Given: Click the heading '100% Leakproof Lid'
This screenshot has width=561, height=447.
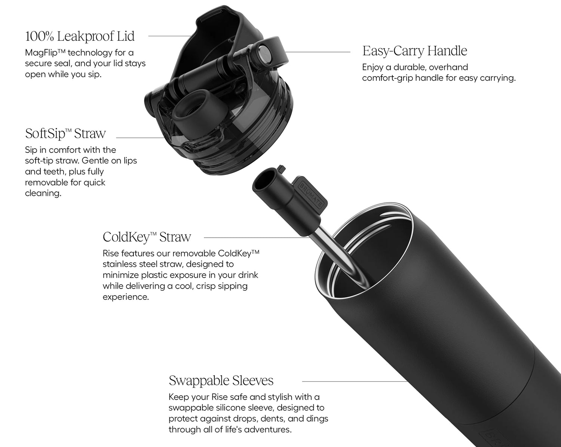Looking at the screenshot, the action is [x=80, y=36].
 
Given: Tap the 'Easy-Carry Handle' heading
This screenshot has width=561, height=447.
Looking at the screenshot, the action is [x=414, y=51].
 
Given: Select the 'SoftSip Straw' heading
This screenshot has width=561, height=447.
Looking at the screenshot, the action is [x=65, y=133].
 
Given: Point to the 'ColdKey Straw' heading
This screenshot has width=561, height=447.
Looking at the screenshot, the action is [x=147, y=237].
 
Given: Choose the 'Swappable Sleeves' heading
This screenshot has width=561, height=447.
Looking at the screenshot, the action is [x=221, y=380].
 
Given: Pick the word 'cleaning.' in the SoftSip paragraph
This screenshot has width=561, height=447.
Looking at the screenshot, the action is [x=43, y=193].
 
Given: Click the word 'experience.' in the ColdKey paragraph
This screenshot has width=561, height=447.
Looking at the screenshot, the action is [x=126, y=297].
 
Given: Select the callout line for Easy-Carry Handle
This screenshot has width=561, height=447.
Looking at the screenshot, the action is [x=318, y=52].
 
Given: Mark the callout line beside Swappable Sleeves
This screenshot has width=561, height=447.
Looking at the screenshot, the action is [x=355, y=381].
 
